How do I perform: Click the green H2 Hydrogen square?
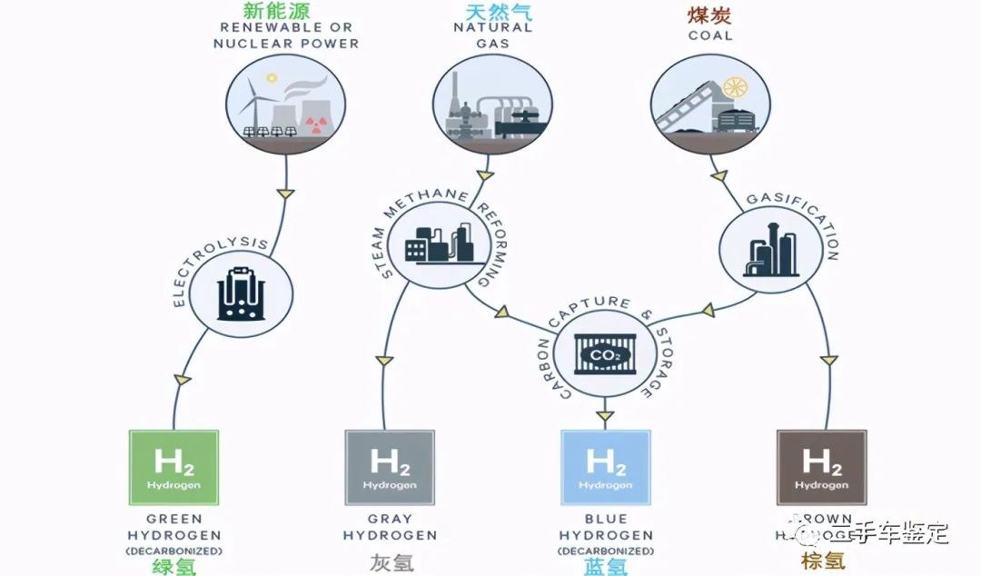coord(173,467)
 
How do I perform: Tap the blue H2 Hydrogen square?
coord(606,467)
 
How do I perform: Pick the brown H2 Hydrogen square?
coord(821,467)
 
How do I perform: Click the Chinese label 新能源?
coord(276,12)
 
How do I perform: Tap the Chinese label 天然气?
coord(492,12)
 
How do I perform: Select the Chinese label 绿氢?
coord(173,567)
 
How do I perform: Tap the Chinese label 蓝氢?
coord(606,567)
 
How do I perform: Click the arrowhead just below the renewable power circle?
coord(284,193)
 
